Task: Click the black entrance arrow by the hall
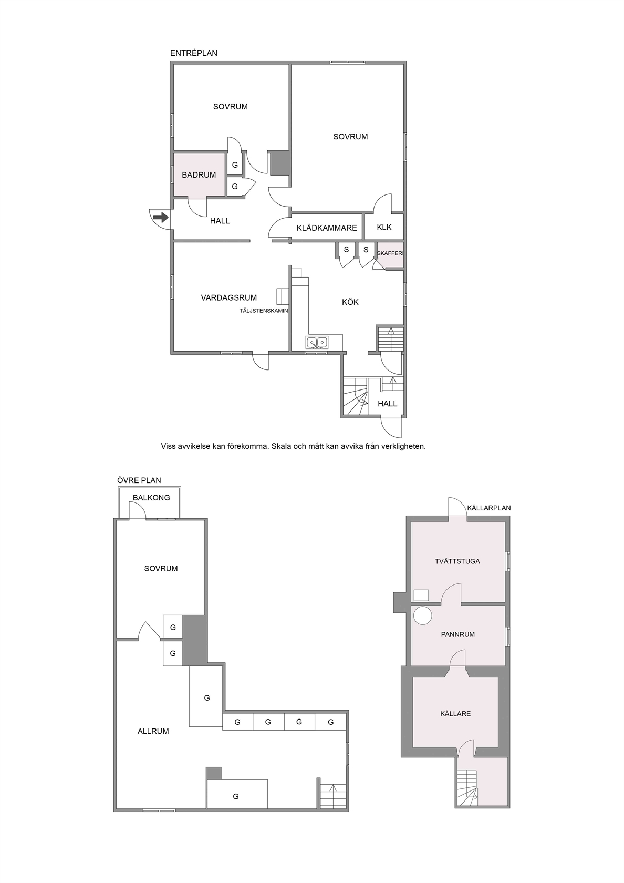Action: coord(161,217)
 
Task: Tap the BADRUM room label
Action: coord(199,174)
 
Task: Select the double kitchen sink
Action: coord(317,342)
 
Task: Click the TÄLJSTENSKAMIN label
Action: coord(264,311)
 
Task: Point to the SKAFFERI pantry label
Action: coord(390,253)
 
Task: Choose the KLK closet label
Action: coord(384,227)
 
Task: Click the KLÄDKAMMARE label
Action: coord(327,228)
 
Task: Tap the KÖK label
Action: coord(350,302)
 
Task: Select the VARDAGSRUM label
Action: coord(229,298)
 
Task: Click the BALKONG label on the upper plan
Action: coord(151,497)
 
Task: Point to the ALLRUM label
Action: coord(153,731)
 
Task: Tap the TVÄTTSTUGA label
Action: coord(457,561)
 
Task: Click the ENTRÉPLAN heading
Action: coord(194,53)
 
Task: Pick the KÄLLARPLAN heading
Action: coord(489,508)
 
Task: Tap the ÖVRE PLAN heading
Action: coord(139,480)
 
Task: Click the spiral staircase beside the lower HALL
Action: coord(355,396)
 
